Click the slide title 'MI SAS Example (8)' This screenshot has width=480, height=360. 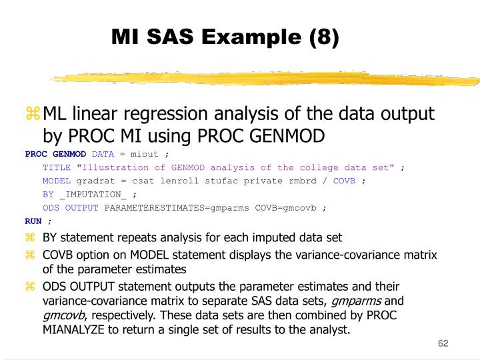point(225,37)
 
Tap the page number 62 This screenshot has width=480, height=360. point(443,343)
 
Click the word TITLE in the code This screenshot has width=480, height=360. point(57,167)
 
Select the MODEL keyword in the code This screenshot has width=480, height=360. point(57,181)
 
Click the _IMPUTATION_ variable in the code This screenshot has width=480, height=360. point(93,194)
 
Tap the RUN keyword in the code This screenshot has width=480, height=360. point(33,221)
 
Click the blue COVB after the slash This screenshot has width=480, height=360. point(344,181)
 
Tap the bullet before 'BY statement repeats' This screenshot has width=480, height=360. point(29,237)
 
